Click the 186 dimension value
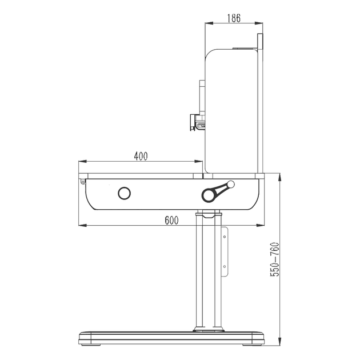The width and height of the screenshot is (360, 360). [234, 18]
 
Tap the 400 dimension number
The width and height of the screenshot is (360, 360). [141, 156]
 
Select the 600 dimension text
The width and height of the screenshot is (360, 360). [171, 221]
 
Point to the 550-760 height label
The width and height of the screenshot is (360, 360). [275, 259]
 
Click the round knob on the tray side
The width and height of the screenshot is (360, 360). [124, 193]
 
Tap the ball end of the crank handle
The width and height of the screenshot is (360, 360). [231, 185]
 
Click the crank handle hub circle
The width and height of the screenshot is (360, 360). [209, 195]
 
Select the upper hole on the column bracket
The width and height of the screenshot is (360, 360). [225, 237]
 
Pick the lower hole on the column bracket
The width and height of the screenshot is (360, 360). [225, 266]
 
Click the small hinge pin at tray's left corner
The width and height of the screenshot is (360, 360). [83, 182]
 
